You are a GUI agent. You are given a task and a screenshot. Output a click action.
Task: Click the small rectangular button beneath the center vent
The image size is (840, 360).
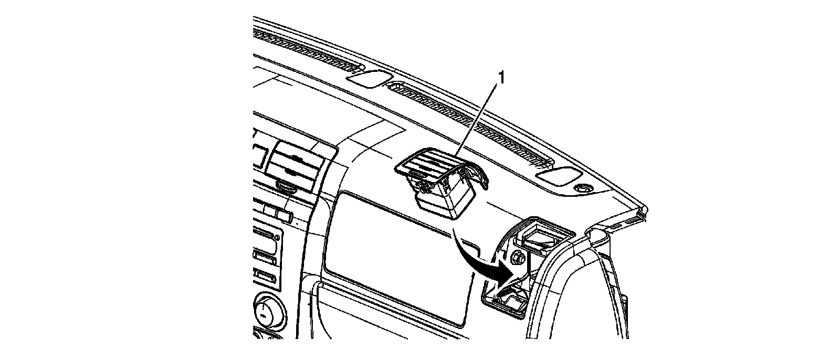click(283, 215)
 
